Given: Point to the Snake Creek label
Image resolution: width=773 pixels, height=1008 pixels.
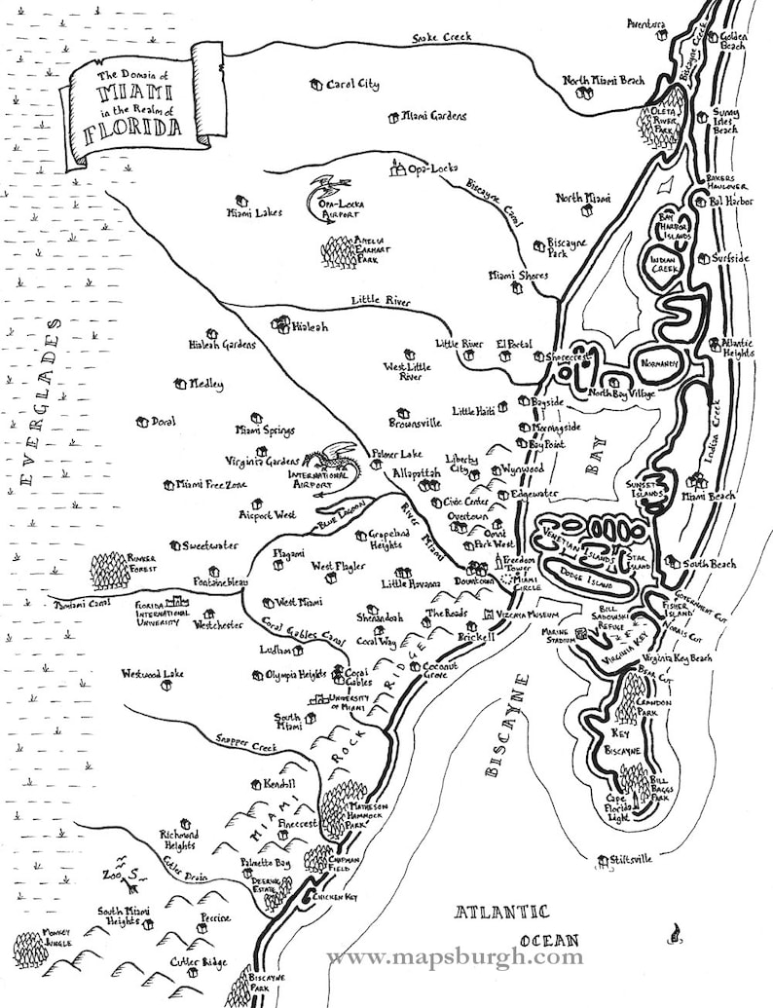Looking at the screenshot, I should point(441,37).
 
